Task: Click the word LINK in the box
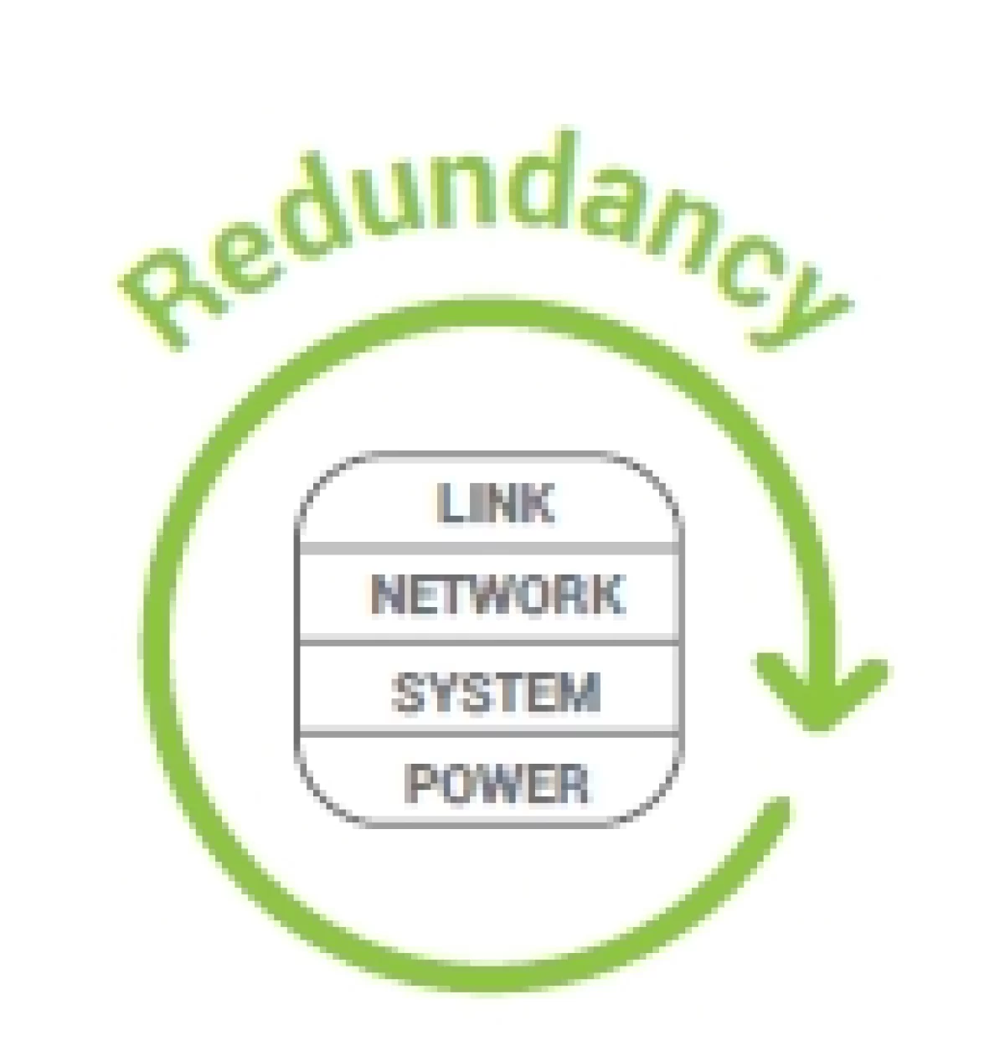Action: (x=495, y=503)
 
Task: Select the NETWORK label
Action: (x=497, y=595)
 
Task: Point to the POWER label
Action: (x=496, y=784)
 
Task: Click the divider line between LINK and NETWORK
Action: (x=488, y=549)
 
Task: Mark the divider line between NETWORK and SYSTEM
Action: (x=488, y=641)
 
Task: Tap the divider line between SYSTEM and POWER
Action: (x=488, y=734)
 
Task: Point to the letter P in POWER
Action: (x=421, y=784)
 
